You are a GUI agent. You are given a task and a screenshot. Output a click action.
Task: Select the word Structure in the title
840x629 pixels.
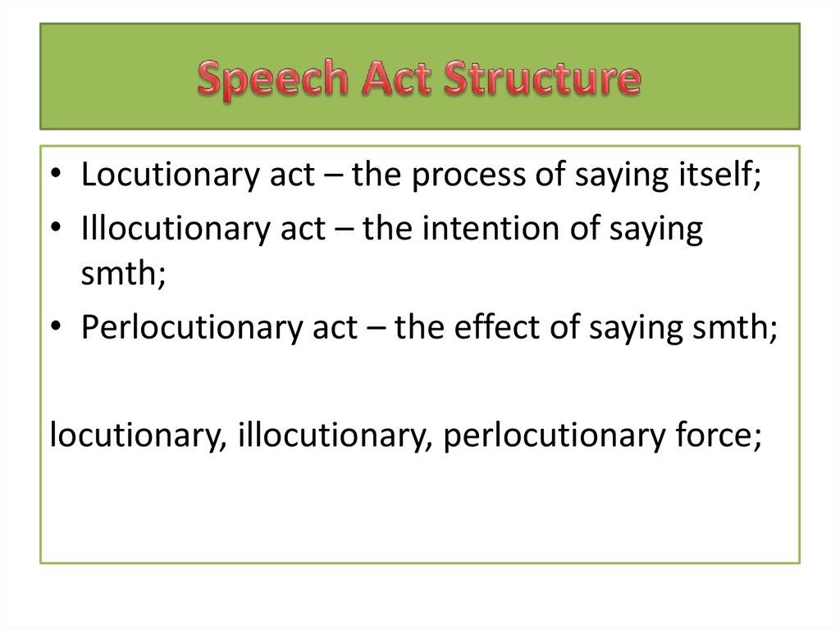542,80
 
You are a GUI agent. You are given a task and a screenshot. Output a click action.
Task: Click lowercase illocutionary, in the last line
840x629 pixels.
335,435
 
